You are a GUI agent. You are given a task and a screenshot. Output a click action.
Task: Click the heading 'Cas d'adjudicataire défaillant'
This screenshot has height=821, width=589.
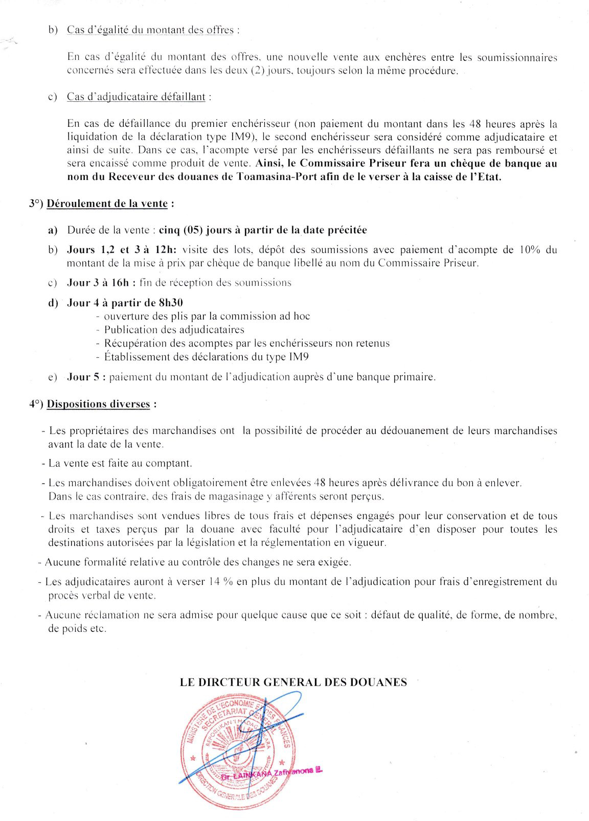click(x=136, y=97)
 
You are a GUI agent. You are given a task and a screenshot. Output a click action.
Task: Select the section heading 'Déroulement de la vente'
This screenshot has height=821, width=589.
click(x=107, y=203)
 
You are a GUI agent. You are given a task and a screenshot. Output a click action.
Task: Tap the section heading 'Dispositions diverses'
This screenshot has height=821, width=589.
click(x=99, y=404)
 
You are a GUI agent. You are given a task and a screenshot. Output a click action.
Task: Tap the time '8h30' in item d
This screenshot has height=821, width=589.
click(x=170, y=303)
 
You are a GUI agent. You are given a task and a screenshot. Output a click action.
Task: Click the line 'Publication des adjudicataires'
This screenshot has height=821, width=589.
click(x=174, y=330)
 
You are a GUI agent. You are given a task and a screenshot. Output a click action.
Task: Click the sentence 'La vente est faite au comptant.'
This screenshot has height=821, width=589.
click(x=120, y=464)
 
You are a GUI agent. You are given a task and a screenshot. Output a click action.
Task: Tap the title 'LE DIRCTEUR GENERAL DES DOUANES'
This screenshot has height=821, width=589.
click(x=293, y=682)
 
